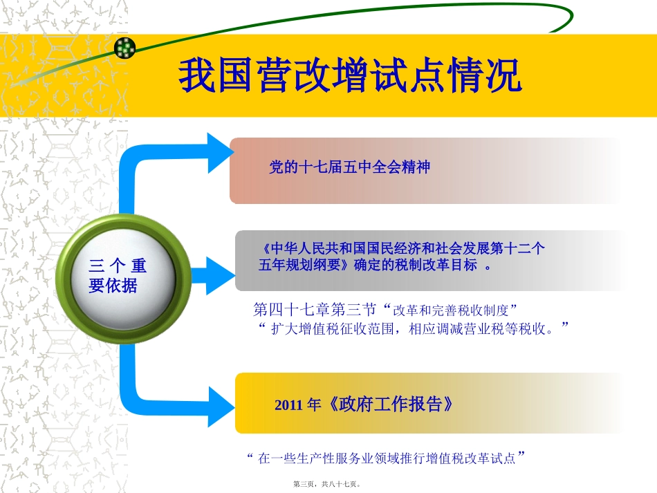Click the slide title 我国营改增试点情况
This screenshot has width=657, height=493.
tap(350, 76)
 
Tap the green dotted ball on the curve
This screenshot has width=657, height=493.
tap(124, 48)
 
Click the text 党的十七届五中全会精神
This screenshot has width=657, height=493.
tap(349, 167)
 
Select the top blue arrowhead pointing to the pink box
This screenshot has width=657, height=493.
tap(219, 153)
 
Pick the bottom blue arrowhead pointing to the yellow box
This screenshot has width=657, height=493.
tap(221, 406)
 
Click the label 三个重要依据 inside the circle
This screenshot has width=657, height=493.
tap(118, 275)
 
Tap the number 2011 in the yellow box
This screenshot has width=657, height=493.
tap(288, 406)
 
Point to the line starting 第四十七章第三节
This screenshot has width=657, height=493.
tap(386, 308)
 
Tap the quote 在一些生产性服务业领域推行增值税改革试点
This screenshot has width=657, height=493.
tap(387, 458)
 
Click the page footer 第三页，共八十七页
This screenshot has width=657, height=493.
tap(328, 485)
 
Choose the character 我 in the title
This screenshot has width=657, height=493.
tap(197, 76)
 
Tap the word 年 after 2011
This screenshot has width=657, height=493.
tap(314, 406)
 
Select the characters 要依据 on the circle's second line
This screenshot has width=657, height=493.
tap(113, 285)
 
